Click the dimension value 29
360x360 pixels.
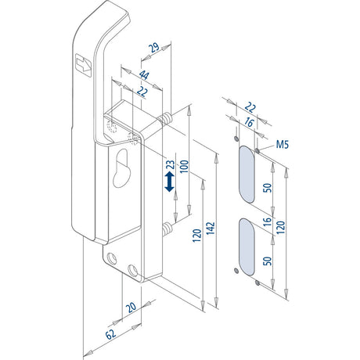[x=154, y=48]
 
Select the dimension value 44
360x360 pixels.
[x=144, y=75]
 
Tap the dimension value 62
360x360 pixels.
[x=111, y=334]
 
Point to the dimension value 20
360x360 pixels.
[x=131, y=308]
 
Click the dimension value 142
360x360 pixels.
[x=211, y=228]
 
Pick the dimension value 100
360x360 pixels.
[x=184, y=167]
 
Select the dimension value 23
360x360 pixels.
[x=171, y=165]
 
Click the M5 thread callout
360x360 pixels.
[x=283, y=144]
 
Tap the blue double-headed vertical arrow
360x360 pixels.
[x=170, y=182]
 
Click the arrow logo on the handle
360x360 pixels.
[x=83, y=65]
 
